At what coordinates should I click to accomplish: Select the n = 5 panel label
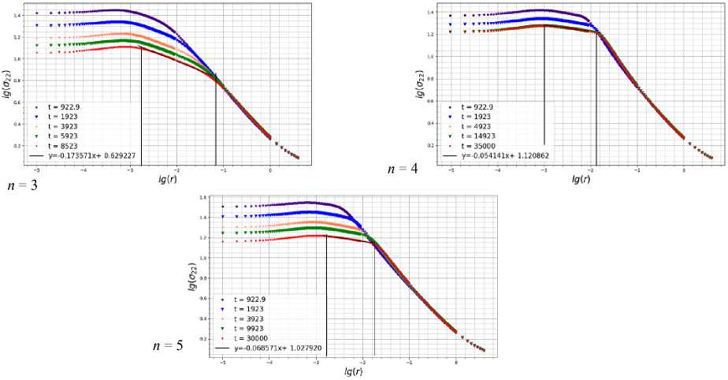168,345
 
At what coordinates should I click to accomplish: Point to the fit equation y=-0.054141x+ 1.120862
505,156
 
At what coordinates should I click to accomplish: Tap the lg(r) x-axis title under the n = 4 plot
583,179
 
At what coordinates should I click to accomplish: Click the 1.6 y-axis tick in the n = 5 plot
202,198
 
